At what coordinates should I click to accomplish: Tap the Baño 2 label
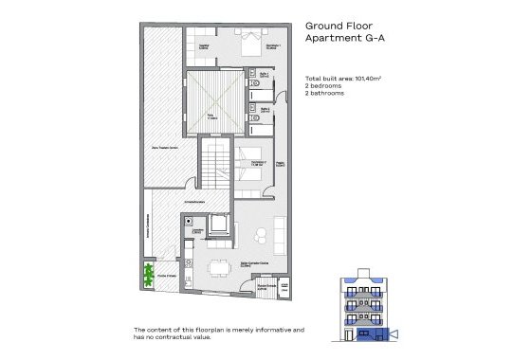[x=265, y=108]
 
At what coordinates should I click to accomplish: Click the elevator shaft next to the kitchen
[x=217, y=225]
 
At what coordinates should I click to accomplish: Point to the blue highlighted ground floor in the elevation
[x=364, y=333]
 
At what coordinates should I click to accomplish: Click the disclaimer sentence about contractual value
[x=218, y=333]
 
